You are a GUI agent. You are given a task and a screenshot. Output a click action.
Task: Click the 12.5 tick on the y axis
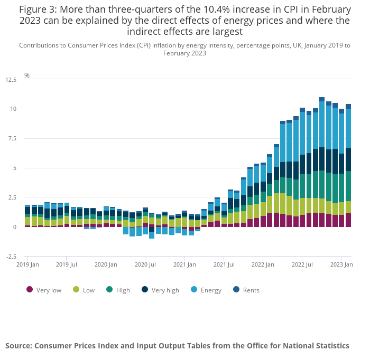click(11, 80)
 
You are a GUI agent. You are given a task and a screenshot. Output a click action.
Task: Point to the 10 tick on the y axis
click(13, 109)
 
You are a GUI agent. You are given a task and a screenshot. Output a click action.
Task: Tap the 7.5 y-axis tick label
click(12, 139)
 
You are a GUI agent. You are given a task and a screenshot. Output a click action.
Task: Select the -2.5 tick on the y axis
click(11, 257)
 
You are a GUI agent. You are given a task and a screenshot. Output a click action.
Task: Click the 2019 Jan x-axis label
click(27, 264)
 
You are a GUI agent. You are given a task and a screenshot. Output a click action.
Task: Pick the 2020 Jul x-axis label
click(145, 264)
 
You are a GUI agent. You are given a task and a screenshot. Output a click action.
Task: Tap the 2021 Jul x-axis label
click(224, 264)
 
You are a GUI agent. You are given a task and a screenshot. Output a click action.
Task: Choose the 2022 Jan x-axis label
click(263, 264)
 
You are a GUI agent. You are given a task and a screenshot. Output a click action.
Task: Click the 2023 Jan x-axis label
click(341, 264)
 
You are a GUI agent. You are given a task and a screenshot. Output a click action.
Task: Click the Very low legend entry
click(49, 290)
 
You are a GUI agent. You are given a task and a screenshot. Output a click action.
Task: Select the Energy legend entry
click(211, 290)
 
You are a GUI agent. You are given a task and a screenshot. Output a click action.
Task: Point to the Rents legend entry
click(251, 290)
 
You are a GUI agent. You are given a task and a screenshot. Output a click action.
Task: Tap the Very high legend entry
click(165, 290)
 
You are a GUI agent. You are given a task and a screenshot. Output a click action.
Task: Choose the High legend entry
click(123, 290)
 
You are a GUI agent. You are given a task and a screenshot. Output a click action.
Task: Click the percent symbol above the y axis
click(27, 75)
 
